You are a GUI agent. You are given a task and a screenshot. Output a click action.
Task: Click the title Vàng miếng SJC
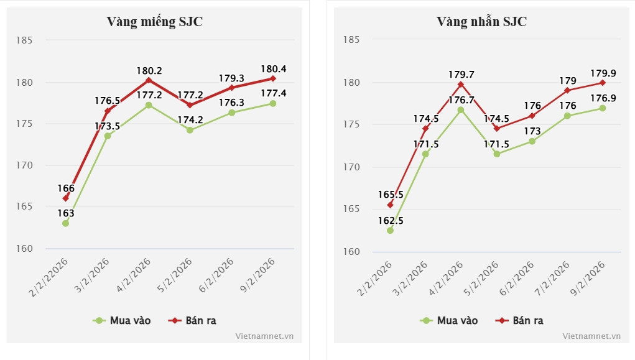155,22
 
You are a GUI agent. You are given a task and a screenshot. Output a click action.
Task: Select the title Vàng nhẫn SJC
481,22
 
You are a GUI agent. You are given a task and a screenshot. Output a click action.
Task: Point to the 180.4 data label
274,69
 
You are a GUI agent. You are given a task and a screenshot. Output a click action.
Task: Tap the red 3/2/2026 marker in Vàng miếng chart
107,111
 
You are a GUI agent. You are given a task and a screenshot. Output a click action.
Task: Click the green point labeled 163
65,223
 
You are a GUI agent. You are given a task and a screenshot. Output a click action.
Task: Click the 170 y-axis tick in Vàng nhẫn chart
352,167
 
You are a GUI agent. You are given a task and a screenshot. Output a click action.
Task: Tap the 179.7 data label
461,75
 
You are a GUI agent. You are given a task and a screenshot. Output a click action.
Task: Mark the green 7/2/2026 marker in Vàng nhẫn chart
567,116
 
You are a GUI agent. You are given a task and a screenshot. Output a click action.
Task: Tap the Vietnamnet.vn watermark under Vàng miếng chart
264,336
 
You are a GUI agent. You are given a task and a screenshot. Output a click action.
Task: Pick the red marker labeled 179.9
602,82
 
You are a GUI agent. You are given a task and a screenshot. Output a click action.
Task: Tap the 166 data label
66,188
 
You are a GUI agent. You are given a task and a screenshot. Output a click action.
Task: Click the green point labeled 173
532,141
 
